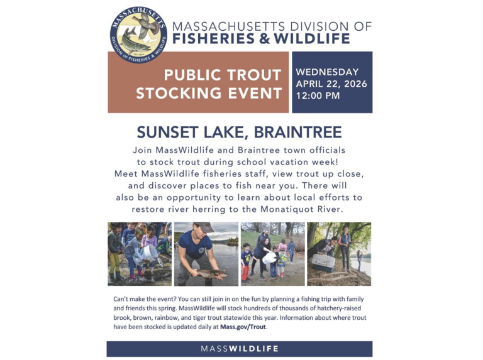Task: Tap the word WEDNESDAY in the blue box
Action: pyautogui.click(x=327, y=72)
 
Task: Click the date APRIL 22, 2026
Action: pyautogui.click(x=331, y=84)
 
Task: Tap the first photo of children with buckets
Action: pyautogui.click(x=139, y=253)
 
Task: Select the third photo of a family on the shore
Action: pyautogui.click(x=272, y=253)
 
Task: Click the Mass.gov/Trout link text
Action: pyautogui.click(x=247, y=327)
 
